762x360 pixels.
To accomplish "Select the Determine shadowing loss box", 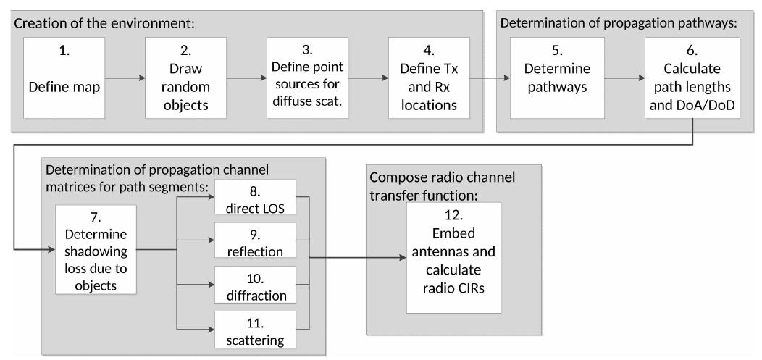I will point(95,250).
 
